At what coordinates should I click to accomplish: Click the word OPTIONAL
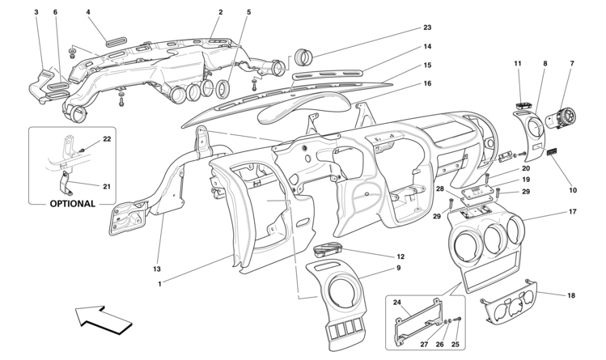click(x=72, y=204)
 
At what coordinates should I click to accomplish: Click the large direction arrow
click(x=104, y=320)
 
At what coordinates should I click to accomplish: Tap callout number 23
click(x=427, y=28)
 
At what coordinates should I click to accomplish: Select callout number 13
click(x=157, y=269)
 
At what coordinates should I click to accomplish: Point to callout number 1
click(x=159, y=284)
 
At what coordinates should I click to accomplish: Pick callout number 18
click(x=571, y=295)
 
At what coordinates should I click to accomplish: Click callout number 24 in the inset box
click(x=397, y=303)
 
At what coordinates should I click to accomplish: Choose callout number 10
click(x=573, y=190)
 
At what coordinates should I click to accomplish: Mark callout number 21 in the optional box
click(x=107, y=187)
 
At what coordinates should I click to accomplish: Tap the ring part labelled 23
click(x=303, y=57)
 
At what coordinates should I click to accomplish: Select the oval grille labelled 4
click(x=116, y=41)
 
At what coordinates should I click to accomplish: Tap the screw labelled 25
click(x=459, y=319)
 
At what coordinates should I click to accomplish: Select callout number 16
click(x=427, y=83)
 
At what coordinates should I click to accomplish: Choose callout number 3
click(x=36, y=12)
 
